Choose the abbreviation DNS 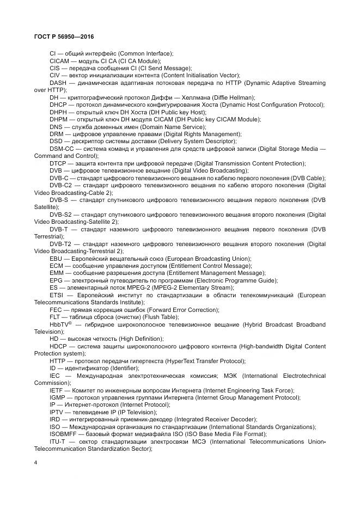[x=57, y=126]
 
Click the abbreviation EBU [x=57, y=258]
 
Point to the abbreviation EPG [x=57, y=280]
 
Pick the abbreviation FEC [x=57, y=309]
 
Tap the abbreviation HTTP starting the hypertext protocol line [x=58, y=360]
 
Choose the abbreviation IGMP [x=58, y=397]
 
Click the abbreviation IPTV [x=57, y=412]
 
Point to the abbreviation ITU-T [x=58, y=441]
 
